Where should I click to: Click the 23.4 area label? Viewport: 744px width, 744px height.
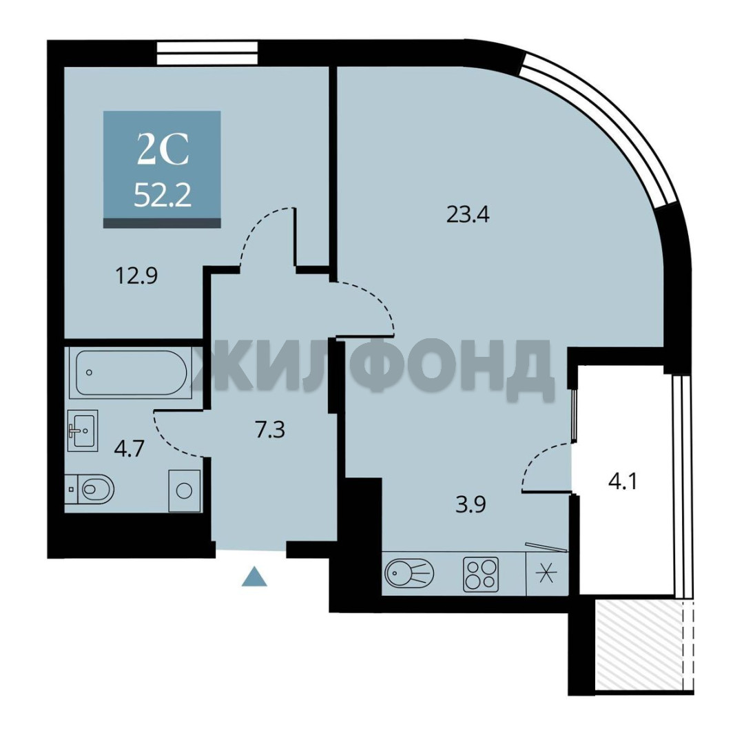468,214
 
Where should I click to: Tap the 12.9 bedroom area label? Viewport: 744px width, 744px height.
136,275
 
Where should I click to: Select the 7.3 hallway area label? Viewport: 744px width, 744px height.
269,430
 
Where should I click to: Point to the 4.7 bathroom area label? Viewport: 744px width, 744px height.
129,448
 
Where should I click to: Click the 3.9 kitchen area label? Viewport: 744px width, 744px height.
471,504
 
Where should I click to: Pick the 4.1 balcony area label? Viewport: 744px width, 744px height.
623,482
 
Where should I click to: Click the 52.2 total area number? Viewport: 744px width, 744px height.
163,195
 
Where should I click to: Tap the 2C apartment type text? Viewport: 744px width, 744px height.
163,149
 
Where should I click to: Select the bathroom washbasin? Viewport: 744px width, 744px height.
83,431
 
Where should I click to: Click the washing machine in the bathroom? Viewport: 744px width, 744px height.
184,490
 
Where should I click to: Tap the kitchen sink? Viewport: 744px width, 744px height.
409,573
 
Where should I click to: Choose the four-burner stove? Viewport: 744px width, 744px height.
481,574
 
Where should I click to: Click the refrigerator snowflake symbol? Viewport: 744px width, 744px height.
546,574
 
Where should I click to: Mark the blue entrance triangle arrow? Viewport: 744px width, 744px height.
254,576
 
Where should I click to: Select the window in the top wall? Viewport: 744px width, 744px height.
207,52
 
